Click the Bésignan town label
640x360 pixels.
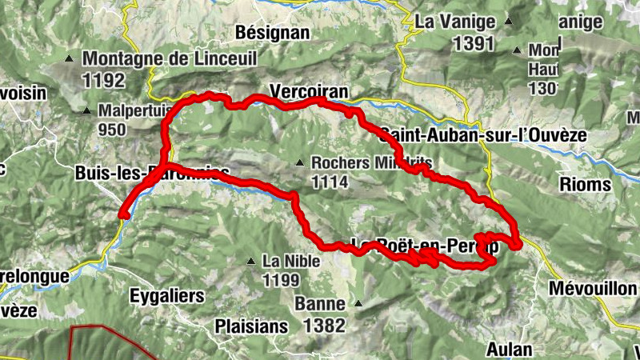(x=273, y=33)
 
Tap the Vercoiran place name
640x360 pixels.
(x=310, y=92)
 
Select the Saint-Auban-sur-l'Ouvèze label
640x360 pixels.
(x=483, y=134)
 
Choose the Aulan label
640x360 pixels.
(x=510, y=350)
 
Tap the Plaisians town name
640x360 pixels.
(x=250, y=326)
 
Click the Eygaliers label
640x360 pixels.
(x=166, y=296)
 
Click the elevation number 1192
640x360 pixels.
(x=104, y=80)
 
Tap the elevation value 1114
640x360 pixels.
(x=330, y=182)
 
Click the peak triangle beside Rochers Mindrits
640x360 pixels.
(x=299, y=163)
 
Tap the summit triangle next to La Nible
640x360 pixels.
(x=250, y=261)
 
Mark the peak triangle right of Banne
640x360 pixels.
(x=358, y=304)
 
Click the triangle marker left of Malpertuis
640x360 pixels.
(x=87, y=110)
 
